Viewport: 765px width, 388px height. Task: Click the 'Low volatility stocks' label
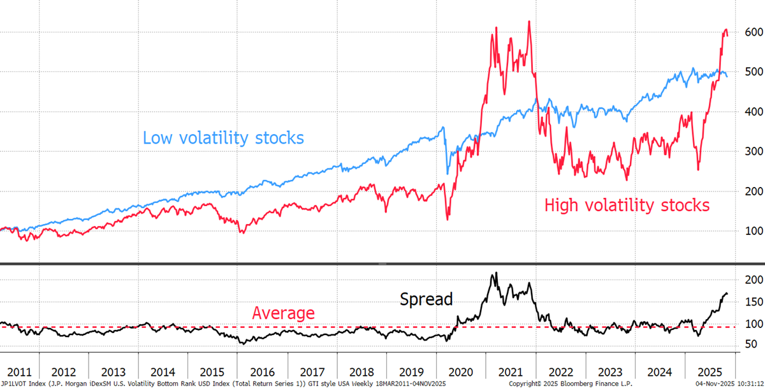[223, 138]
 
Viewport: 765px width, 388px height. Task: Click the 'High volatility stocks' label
[627, 205]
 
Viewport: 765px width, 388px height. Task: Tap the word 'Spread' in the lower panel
[426, 299]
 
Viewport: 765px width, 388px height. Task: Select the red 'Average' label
[283, 313]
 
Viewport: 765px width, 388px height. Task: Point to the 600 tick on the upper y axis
[748, 32]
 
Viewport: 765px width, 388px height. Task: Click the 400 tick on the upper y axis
[748, 112]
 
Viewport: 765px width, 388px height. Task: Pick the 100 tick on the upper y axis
[748, 231]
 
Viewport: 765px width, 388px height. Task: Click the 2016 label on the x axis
[263, 371]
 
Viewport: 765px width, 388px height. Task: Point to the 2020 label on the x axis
[462, 371]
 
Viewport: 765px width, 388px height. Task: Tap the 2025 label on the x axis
[710, 371]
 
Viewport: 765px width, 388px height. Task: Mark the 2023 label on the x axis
[610, 371]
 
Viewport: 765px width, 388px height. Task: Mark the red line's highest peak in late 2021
[529, 22]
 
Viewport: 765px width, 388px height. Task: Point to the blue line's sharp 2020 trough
[447, 174]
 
